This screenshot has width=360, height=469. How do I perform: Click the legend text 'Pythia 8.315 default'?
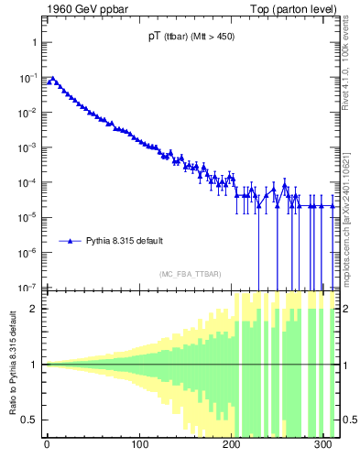[125, 241]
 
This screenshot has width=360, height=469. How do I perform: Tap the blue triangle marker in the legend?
[71, 241]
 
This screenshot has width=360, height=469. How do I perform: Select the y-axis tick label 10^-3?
[29, 147]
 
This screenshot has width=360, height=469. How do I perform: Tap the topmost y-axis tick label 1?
[34, 43]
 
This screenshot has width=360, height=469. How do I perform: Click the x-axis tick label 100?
[140, 449]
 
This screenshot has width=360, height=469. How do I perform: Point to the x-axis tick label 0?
[47, 449]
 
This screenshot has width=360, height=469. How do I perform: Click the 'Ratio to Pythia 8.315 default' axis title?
[12, 365]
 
